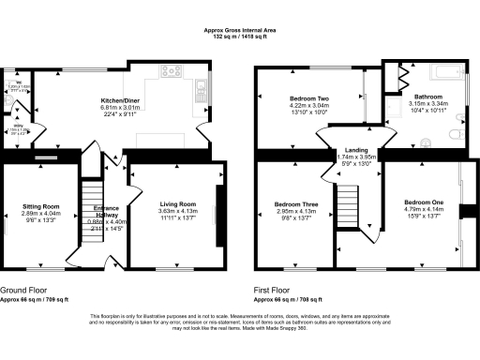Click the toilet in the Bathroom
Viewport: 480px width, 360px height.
(x=454, y=134)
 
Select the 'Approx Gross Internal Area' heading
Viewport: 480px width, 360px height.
(x=239, y=30)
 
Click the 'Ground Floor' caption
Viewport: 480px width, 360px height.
(x=22, y=291)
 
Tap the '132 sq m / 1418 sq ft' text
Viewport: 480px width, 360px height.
(x=239, y=37)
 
